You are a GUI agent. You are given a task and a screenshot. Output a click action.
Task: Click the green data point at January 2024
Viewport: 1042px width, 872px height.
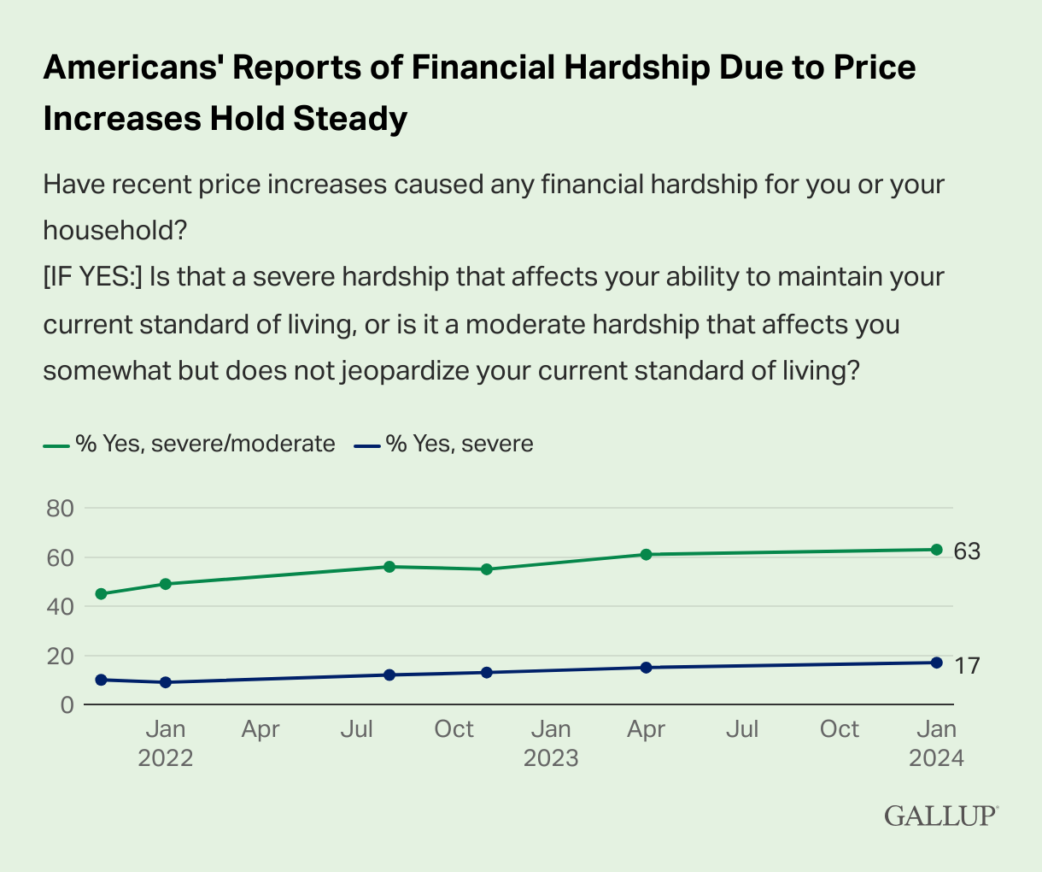[x=937, y=550]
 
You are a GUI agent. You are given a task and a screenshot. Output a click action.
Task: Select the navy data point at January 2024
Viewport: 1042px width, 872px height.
[x=937, y=663]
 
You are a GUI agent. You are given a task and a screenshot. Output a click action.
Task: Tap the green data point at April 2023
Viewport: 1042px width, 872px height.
[x=646, y=554]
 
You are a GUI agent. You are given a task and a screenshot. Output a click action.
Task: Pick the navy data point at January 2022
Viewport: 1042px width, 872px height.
[x=165, y=682]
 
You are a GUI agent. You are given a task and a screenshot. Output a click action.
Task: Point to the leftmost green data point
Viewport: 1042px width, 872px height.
[x=101, y=594]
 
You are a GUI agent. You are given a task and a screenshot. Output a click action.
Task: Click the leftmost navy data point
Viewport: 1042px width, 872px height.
[x=101, y=680]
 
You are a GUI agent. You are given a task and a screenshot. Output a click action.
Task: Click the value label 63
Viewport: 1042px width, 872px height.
[x=967, y=551]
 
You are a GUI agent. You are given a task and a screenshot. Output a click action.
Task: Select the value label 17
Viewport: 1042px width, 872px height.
[x=967, y=666]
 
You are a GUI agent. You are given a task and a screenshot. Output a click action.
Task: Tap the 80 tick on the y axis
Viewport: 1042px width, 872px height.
[x=60, y=509]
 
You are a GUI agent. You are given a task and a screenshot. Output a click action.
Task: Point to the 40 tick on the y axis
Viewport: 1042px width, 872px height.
[x=60, y=607]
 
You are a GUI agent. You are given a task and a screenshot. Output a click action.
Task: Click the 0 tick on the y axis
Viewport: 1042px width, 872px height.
[x=67, y=705]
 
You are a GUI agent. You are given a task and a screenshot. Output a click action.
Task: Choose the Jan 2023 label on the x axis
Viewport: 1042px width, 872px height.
[x=551, y=744]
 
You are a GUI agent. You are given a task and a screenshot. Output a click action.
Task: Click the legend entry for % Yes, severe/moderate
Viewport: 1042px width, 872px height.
[x=189, y=444]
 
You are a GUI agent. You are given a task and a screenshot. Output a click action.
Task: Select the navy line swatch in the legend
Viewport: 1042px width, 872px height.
[x=367, y=446]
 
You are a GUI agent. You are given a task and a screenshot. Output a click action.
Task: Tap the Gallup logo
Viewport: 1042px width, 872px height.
[x=941, y=816]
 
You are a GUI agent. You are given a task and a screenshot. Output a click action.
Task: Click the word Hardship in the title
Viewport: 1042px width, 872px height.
[x=637, y=68]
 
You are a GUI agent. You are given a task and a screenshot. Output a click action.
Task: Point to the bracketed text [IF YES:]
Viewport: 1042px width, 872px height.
[x=93, y=277]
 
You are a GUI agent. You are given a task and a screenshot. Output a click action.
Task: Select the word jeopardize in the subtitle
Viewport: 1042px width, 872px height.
[x=405, y=371]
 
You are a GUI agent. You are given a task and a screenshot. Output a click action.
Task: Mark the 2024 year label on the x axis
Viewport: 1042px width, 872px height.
[x=936, y=758]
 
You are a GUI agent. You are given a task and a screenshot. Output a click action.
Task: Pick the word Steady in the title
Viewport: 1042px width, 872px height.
[x=350, y=120]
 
